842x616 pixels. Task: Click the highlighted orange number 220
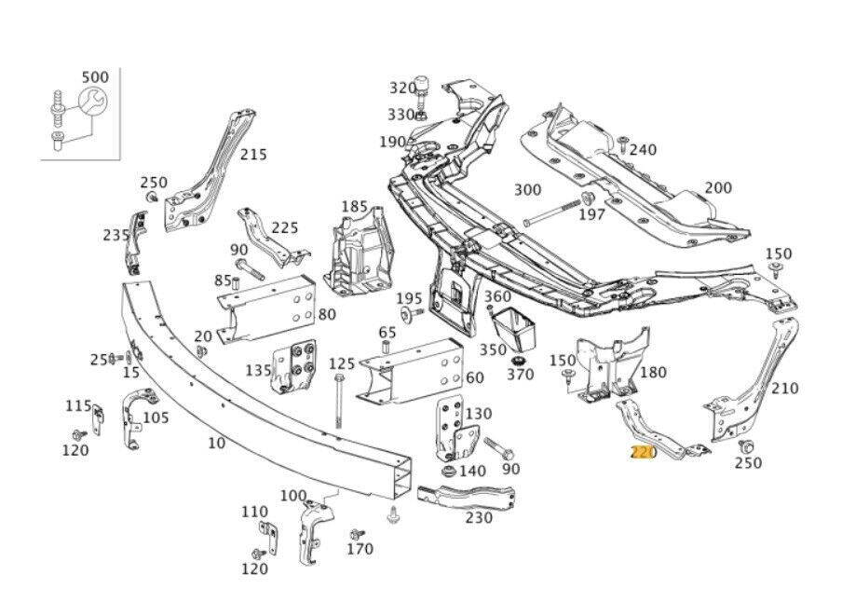click(x=644, y=453)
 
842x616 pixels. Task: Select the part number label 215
click(x=253, y=155)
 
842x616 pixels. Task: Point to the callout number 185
click(x=354, y=206)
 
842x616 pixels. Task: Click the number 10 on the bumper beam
click(x=216, y=443)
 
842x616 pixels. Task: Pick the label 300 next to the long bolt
click(x=527, y=190)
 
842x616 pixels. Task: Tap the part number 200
click(x=717, y=187)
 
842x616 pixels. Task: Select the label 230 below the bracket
click(x=479, y=517)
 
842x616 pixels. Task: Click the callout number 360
click(x=497, y=296)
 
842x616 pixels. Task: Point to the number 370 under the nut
click(x=520, y=374)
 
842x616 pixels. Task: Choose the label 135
click(x=258, y=370)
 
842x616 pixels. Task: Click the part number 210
click(x=785, y=388)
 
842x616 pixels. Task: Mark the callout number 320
click(x=402, y=88)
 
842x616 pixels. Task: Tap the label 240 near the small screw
click(x=643, y=149)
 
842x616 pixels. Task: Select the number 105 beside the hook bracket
click(x=156, y=417)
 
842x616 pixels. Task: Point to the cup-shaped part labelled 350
click(x=511, y=330)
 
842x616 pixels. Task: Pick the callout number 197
click(x=591, y=214)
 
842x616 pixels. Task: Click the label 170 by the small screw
click(x=360, y=549)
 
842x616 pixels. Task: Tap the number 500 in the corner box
click(x=94, y=75)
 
